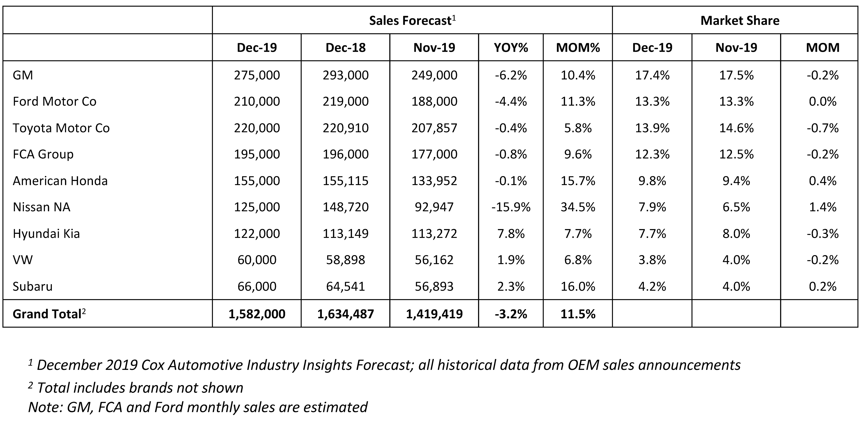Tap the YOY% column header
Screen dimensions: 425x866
(511, 47)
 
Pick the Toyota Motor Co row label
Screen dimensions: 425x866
(61, 128)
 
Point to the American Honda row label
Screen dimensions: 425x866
(60, 181)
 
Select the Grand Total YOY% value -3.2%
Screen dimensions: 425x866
(511, 314)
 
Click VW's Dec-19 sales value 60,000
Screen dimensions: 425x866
(257, 260)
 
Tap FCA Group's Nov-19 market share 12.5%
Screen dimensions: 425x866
(736, 154)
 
